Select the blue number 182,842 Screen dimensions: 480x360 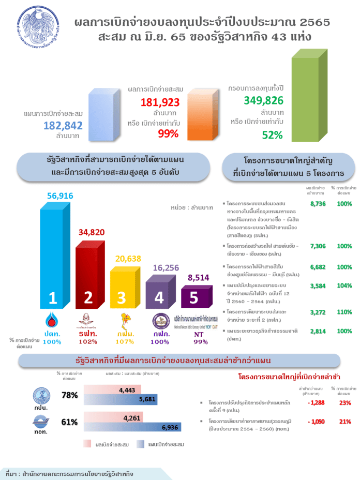63,125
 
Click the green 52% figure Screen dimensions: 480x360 272,135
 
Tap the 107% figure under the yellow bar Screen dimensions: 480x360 122,341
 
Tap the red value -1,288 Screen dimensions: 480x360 315,403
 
